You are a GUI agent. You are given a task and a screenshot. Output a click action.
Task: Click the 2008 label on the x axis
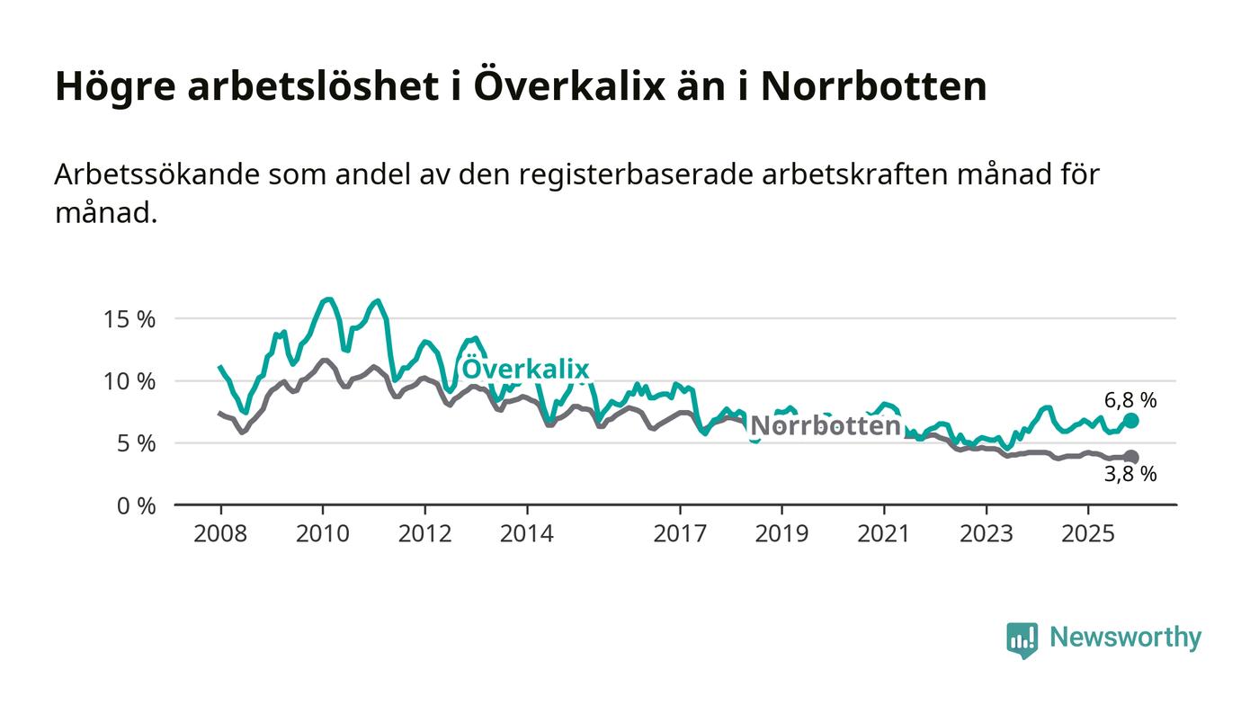tap(220, 534)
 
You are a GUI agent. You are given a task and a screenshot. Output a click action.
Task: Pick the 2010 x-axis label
tap(323, 534)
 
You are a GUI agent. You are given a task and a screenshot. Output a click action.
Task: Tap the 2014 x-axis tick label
tap(527, 534)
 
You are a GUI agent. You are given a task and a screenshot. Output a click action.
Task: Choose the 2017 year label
tap(680, 534)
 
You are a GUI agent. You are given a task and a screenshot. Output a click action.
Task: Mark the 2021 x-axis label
tap(884, 534)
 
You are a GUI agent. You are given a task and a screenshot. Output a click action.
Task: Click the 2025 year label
tap(1088, 534)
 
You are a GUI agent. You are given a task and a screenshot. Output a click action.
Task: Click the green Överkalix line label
tap(525, 369)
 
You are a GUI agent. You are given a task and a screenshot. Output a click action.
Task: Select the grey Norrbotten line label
tap(825, 426)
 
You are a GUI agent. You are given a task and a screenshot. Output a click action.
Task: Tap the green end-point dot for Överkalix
tap(1130, 421)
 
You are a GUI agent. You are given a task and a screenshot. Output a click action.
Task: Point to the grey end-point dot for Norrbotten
tap(1130, 458)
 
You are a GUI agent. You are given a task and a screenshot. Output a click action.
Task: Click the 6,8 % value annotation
tap(1130, 400)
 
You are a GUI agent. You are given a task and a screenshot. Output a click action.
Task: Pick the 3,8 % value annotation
tap(1130, 475)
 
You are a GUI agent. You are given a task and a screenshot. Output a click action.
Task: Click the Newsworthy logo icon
tap(1022, 639)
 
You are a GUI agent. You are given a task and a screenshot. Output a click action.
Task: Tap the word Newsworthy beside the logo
tap(1125, 638)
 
